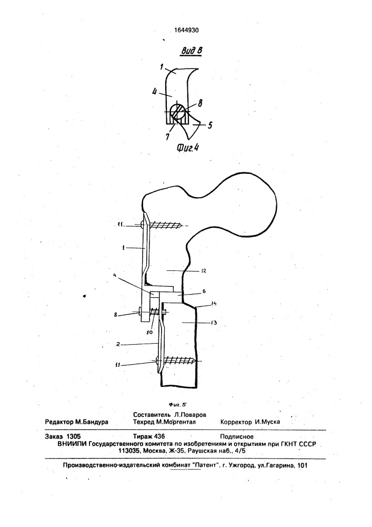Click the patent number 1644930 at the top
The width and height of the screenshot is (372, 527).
[186, 30]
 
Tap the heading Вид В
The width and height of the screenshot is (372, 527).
[192, 51]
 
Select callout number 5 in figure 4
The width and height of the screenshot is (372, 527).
[209, 125]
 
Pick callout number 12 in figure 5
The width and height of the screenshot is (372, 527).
[204, 270]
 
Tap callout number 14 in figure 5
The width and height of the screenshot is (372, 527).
[214, 304]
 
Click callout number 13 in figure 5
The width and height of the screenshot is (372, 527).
[214, 323]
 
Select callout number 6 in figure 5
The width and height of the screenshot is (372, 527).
[204, 292]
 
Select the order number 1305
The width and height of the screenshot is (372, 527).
[74, 436]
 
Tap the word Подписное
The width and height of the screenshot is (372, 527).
[237, 437]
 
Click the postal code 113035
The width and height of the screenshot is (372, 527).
[130, 451]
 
